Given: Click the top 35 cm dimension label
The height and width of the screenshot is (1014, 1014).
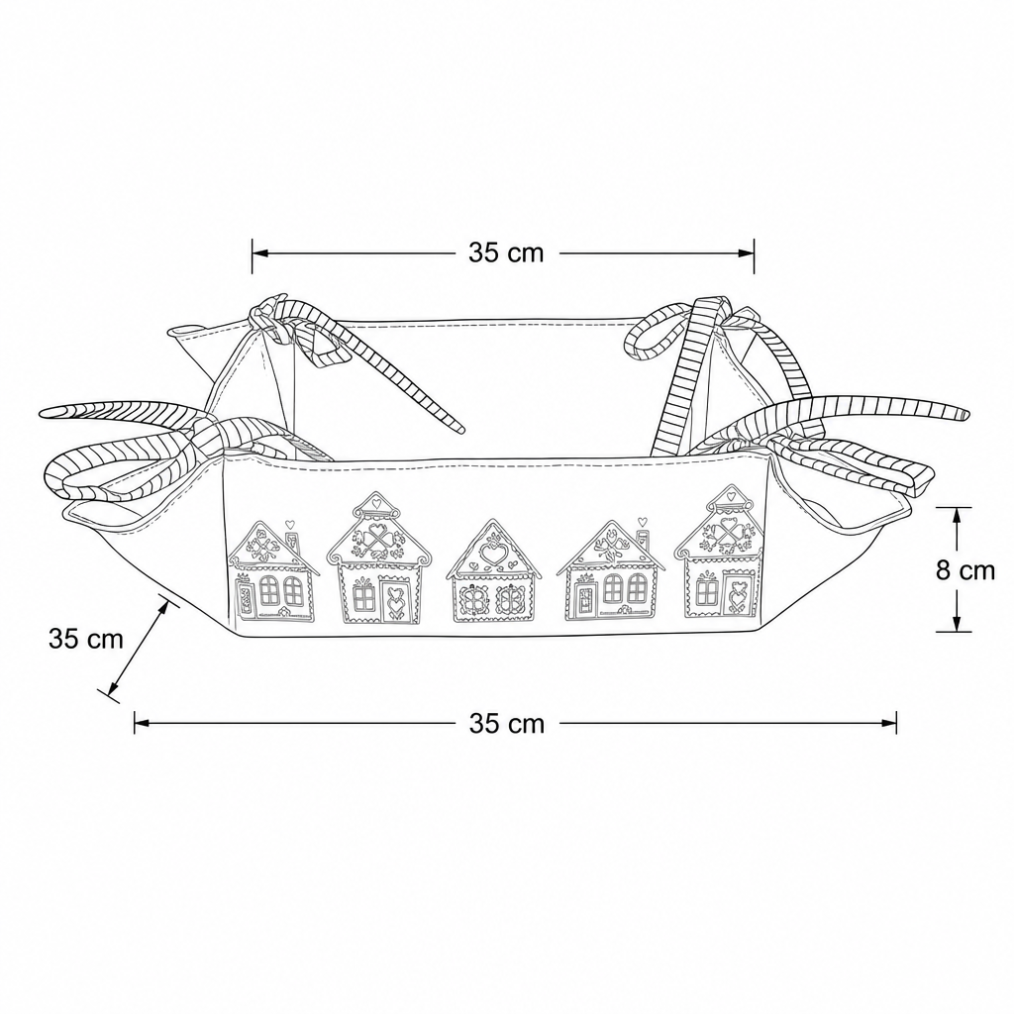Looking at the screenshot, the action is coord(506,253).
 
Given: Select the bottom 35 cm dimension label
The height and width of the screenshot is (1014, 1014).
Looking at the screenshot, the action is coord(506,724).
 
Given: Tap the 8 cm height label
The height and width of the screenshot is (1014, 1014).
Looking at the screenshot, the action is coord(964,570).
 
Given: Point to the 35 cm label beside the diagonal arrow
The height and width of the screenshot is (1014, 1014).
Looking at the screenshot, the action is coord(85,639).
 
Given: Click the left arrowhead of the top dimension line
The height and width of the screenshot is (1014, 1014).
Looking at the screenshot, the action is coord(259,253).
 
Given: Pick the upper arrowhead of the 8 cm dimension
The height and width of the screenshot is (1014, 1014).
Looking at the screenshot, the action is coord(955,515).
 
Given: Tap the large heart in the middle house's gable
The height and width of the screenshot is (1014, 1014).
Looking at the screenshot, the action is coord(493,553).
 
